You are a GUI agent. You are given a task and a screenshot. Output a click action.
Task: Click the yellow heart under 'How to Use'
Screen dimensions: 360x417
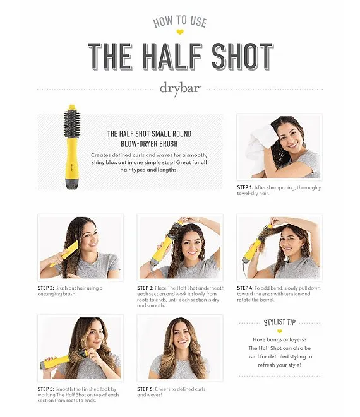[x=180, y=32]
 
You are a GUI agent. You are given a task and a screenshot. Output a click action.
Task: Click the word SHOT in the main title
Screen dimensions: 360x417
[x=243, y=56]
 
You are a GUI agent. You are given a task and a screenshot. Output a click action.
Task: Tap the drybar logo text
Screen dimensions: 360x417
[x=180, y=88]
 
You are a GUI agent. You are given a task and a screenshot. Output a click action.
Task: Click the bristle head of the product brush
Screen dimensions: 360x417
[x=71, y=121]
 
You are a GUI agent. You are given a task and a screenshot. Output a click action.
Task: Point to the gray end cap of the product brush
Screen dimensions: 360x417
[x=71, y=184]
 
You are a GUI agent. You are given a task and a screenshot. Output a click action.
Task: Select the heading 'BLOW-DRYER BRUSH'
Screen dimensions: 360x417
[x=149, y=144]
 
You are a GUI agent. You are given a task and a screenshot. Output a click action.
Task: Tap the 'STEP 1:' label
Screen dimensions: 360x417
[x=245, y=187]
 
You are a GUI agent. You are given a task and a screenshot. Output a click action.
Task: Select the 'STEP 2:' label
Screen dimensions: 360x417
[x=46, y=288]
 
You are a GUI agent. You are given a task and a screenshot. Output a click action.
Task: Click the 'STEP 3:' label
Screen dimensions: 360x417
[x=145, y=288]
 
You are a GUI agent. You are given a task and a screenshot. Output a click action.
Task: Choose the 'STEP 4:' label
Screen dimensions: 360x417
[x=245, y=288]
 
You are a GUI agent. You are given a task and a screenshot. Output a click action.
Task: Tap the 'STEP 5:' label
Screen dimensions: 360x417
[x=46, y=389]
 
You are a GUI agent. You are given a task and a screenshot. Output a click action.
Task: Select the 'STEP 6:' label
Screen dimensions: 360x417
[x=145, y=389]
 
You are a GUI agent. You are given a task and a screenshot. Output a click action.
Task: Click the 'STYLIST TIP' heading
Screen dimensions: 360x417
[x=280, y=322]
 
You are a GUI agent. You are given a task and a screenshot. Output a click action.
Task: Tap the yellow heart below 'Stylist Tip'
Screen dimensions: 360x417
[x=279, y=331]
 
